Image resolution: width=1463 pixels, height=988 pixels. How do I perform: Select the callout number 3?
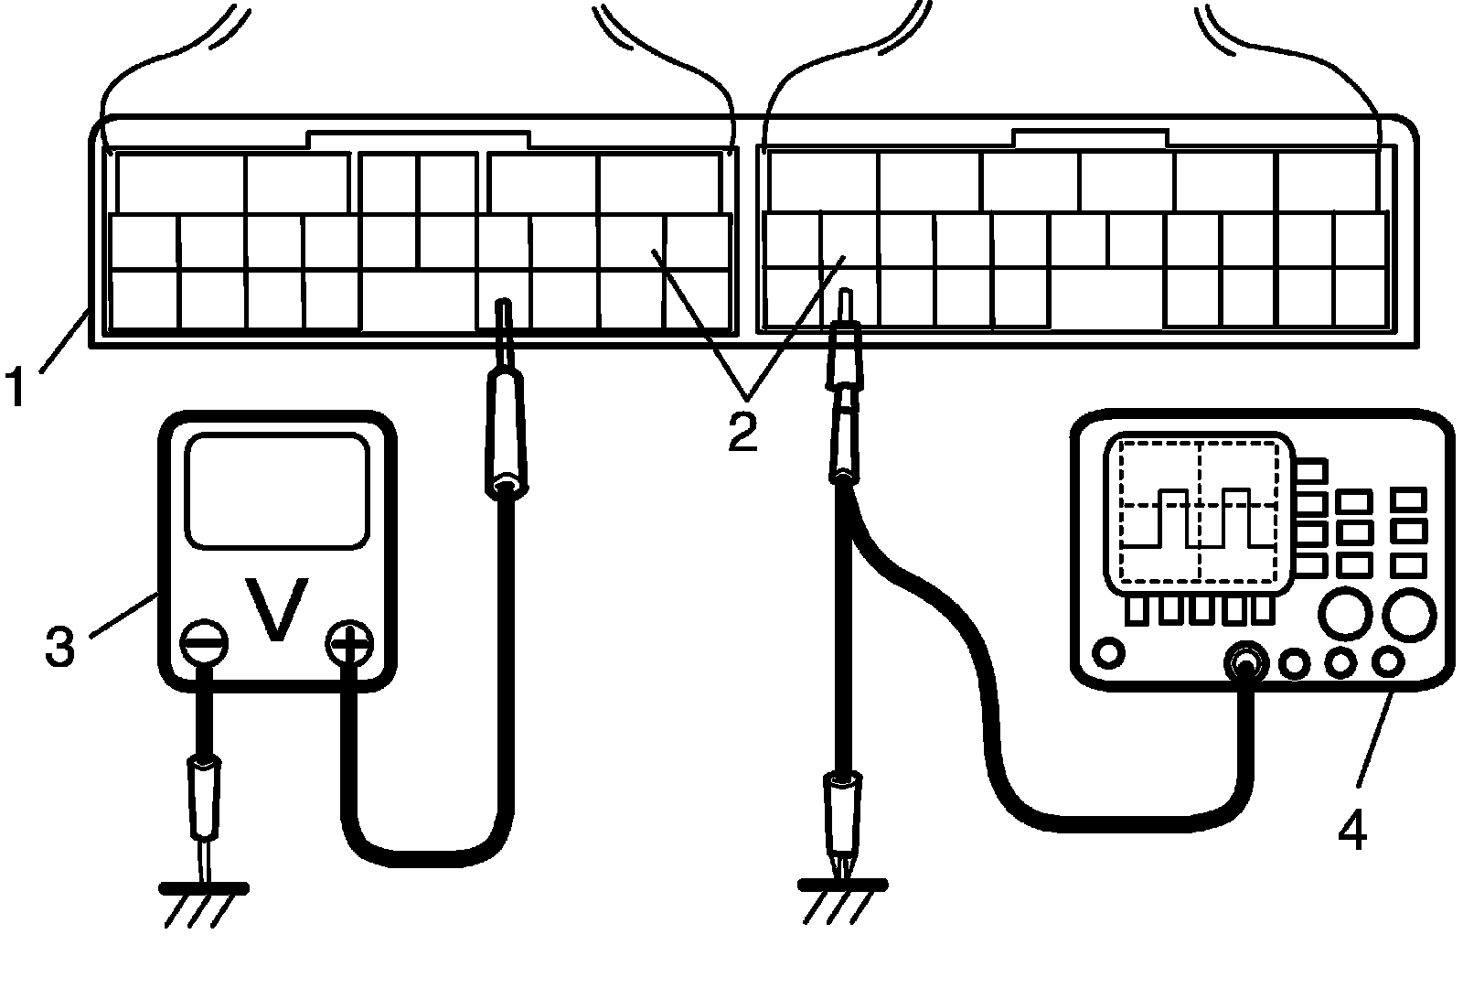[59, 646]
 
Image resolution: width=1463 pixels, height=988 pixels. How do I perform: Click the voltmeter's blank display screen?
[277, 491]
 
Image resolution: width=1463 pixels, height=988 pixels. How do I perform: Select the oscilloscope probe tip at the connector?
[846, 306]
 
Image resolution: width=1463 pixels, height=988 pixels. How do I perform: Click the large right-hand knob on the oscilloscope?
[1408, 612]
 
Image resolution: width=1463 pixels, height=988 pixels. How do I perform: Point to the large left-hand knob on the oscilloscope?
[1344, 612]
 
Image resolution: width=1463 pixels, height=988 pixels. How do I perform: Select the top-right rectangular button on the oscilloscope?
[1408, 499]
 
